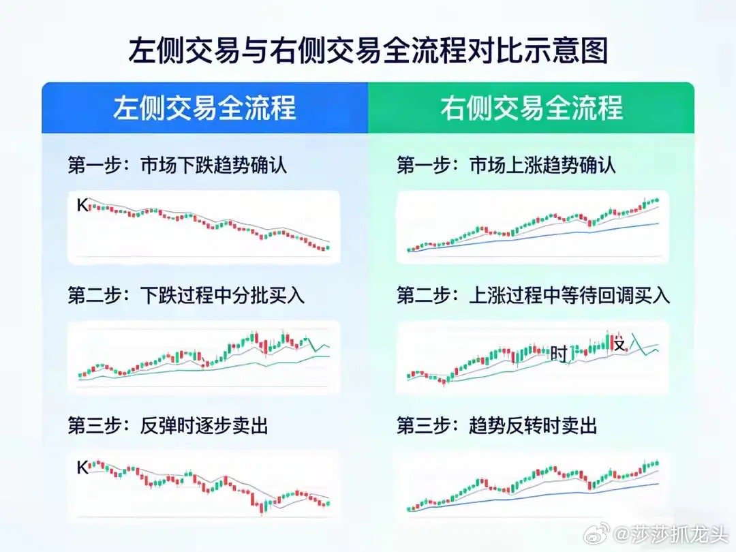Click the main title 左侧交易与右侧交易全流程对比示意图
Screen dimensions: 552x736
coord(368,51)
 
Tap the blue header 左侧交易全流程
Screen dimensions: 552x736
coord(204,108)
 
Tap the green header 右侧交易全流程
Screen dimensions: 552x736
coord(532,108)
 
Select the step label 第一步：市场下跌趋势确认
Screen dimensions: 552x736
coord(177,166)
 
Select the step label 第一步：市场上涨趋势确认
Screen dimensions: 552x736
coord(506,166)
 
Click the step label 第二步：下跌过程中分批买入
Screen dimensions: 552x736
coord(186,295)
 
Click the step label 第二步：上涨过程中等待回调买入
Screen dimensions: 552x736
coord(534,295)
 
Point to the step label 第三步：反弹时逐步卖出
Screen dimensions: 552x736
coord(168,425)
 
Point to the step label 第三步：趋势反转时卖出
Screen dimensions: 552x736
coord(497,425)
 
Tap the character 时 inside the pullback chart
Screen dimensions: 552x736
coord(559,354)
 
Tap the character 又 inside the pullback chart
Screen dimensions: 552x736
coord(619,345)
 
